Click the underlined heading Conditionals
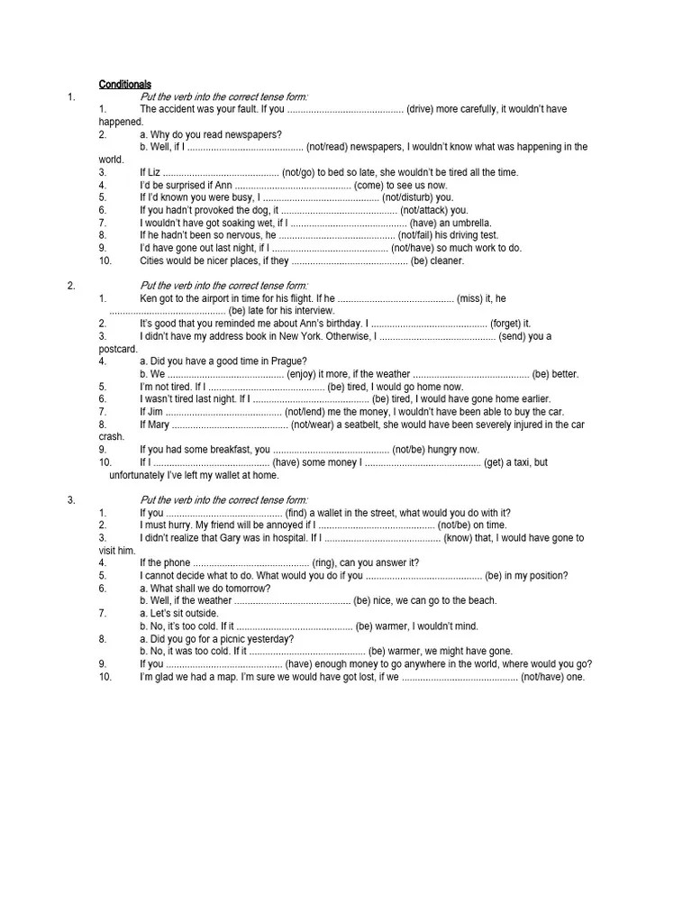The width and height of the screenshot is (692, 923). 125,84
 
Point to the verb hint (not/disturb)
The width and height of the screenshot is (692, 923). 406,197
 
